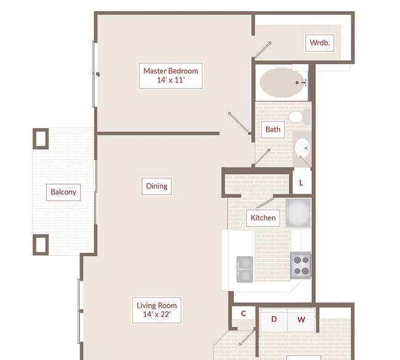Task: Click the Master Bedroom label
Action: (x=170, y=76)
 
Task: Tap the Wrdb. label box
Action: (x=319, y=43)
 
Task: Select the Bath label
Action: (x=273, y=130)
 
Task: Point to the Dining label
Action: (x=157, y=186)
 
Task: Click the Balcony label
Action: (x=63, y=192)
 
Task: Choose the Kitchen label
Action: (x=263, y=218)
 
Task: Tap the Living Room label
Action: (x=157, y=310)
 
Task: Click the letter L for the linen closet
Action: (x=301, y=183)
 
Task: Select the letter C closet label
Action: (x=243, y=314)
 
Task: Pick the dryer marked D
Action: (x=274, y=319)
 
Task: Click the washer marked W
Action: (x=302, y=319)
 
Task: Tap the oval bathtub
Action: (x=282, y=82)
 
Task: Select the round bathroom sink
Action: (x=303, y=148)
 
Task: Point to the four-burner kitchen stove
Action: (x=300, y=265)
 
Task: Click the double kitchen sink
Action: (x=245, y=269)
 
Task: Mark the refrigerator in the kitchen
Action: (x=298, y=213)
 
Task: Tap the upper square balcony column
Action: (x=41, y=138)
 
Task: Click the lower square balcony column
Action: (x=41, y=245)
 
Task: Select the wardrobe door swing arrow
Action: (x=263, y=49)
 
